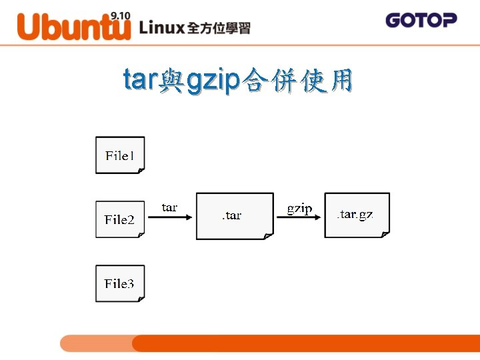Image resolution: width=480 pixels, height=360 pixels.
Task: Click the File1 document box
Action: (120, 155)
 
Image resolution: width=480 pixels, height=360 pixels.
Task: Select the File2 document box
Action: (120, 219)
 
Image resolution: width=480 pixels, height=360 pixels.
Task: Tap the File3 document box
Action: (120, 283)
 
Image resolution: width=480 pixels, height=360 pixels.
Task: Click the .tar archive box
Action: (234, 215)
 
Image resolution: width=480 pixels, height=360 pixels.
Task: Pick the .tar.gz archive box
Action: (357, 215)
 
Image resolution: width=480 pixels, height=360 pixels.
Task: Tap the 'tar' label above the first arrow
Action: (169, 207)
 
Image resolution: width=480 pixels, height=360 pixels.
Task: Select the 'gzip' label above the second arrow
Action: (299, 208)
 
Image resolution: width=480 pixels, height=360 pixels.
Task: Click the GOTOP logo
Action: (421, 20)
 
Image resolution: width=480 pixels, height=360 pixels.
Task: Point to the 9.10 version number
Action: (120, 15)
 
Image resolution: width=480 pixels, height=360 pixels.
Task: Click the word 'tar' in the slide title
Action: (139, 80)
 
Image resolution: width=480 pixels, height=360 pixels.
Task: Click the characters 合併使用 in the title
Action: (297, 81)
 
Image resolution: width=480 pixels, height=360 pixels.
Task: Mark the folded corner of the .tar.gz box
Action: (385, 233)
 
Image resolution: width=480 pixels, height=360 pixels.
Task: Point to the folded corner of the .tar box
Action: (269, 235)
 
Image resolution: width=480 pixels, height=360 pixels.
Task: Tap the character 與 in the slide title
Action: (171, 82)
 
